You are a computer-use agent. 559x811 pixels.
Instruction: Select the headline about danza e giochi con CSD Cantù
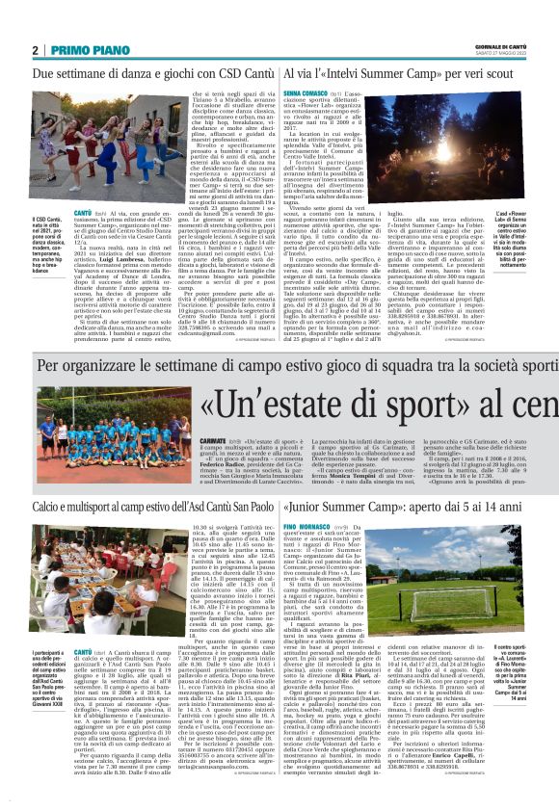(142, 72)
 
